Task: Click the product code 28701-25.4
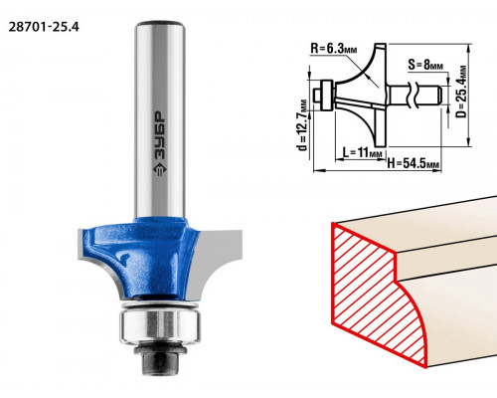[44, 27]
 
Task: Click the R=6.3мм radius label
[334, 49]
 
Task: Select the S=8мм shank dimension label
[425, 64]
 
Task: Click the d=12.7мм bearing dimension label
[302, 125]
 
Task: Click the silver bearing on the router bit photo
[160, 325]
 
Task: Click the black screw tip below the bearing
[159, 364]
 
